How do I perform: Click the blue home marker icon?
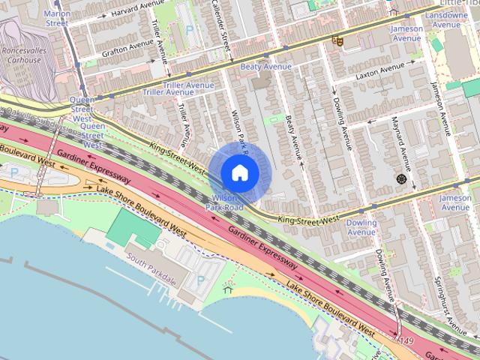click(239, 172)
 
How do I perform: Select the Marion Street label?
click(57, 18)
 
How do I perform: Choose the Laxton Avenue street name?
click(379, 73)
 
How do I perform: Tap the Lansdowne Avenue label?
click(446, 19)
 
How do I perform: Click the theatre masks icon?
click(337, 40)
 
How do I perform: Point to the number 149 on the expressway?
click(406, 342)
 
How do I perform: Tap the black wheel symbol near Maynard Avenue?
click(400, 178)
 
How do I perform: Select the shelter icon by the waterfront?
click(228, 289)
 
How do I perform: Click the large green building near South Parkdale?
click(133, 227)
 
